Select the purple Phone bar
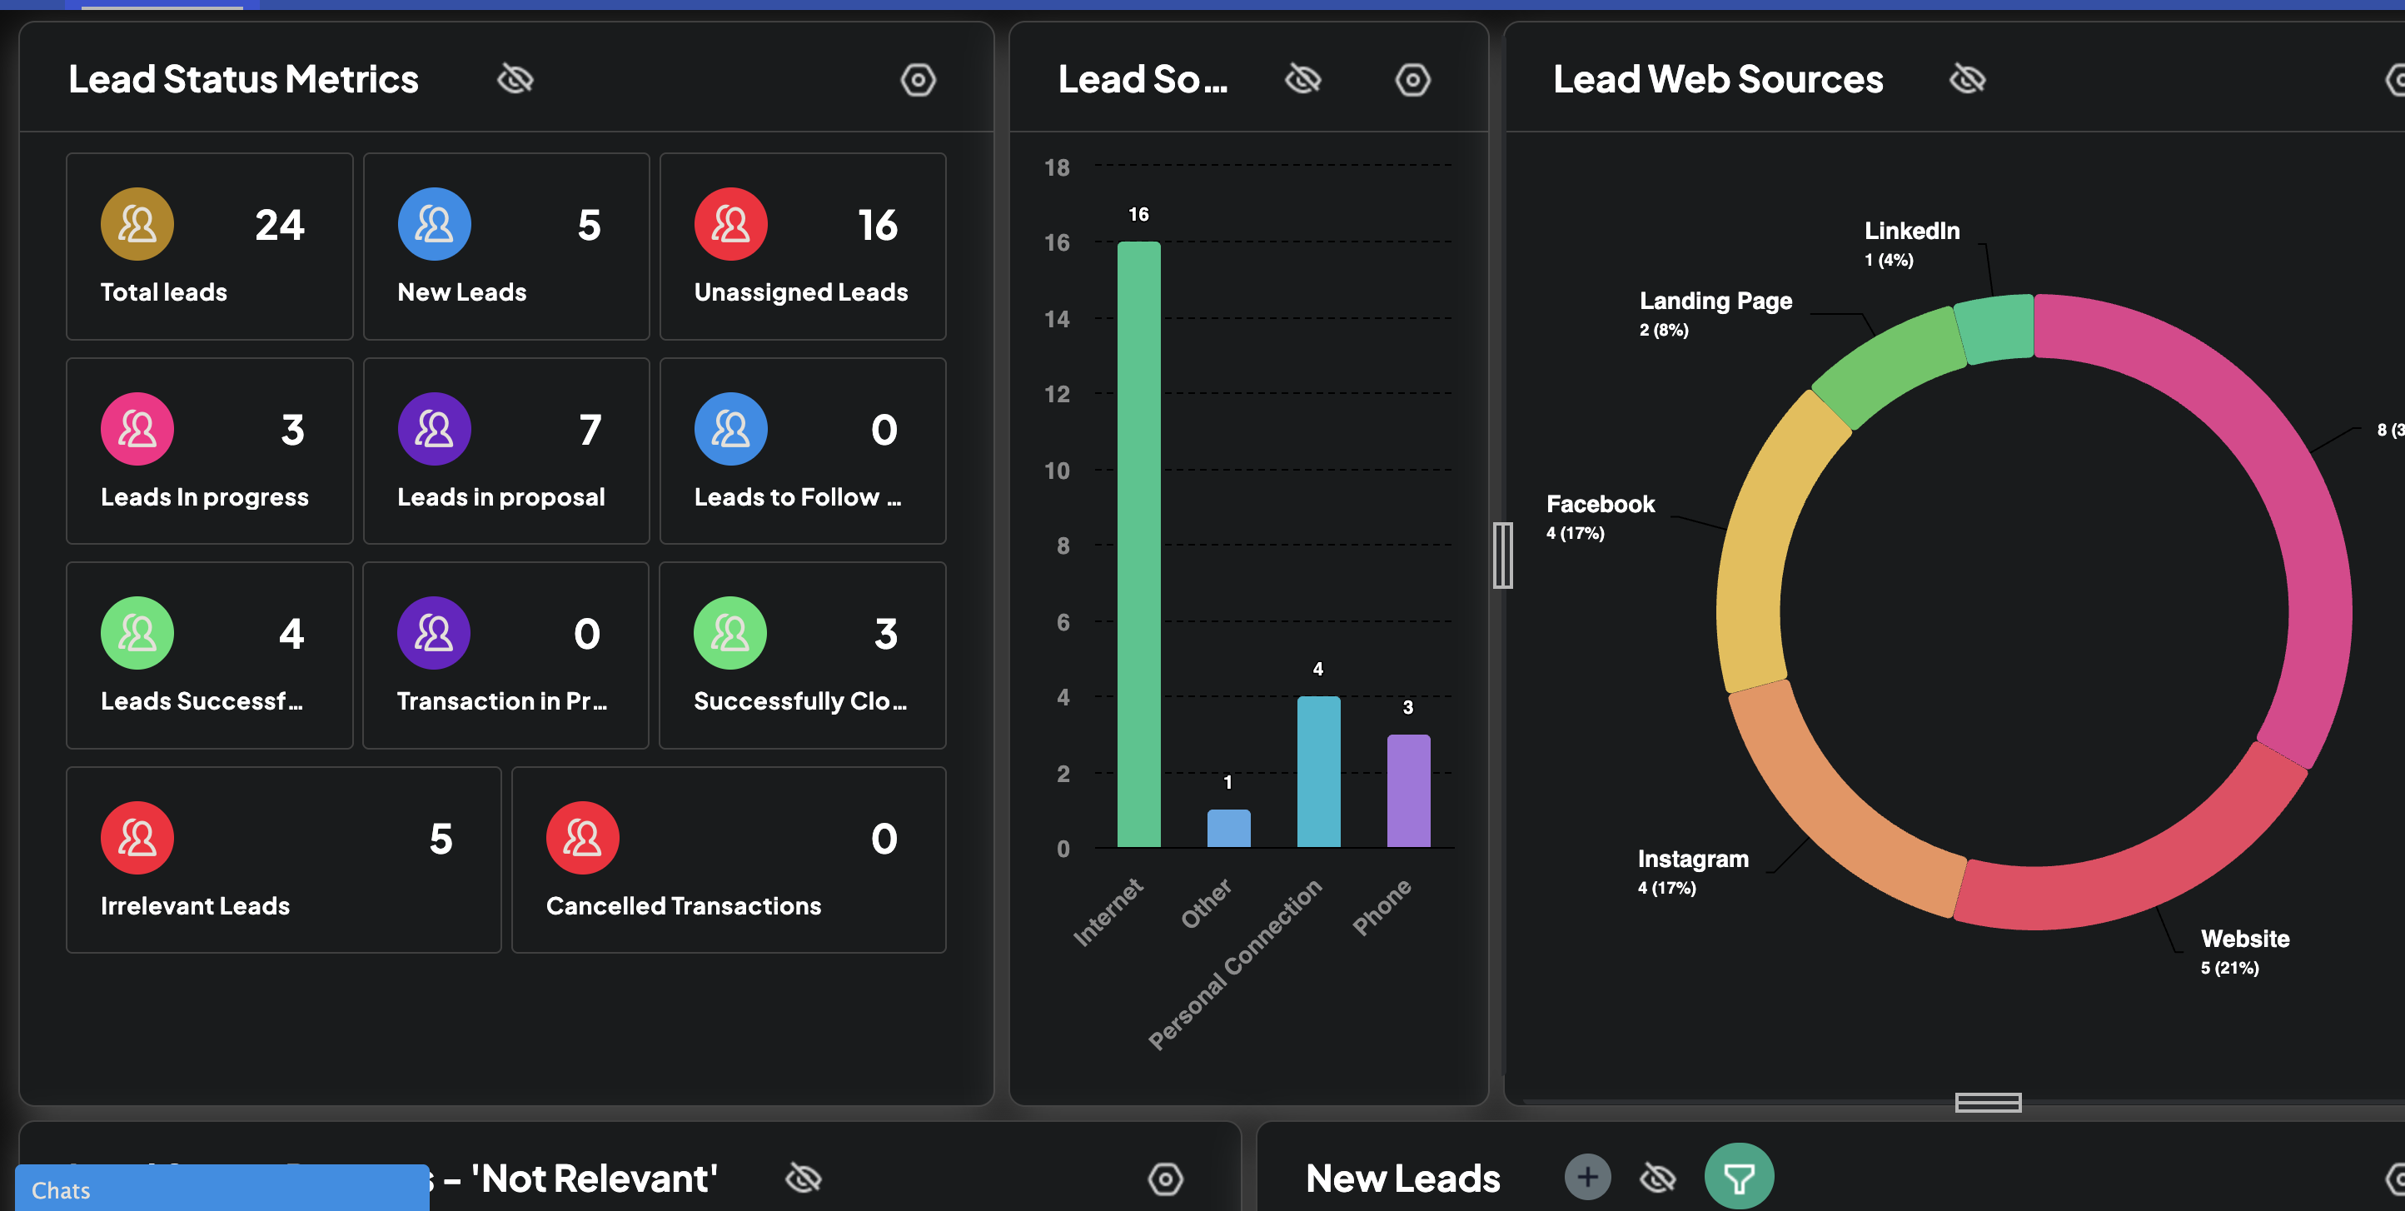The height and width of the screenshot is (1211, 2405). pyautogui.click(x=1408, y=791)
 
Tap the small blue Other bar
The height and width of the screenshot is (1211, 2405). pyautogui.click(x=1227, y=828)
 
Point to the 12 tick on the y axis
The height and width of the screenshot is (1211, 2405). pyautogui.click(x=1057, y=394)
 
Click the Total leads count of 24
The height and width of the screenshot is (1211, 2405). pyautogui.click(x=279, y=225)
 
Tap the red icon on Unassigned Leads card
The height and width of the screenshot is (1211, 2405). pyautogui.click(x=730, y=224)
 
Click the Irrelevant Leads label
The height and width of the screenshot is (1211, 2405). pyautogui.click(x=195, y=905)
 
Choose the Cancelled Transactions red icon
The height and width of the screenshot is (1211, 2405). pyautogui.click(x=583, y=838)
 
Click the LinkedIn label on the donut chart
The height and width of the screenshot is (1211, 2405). pyautogui.click(x=1911, y=231)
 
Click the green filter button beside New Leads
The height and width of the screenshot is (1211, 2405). pyautogui.click(x=1739, y=1178)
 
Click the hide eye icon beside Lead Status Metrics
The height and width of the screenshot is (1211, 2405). pyautogui.click(x=515, y=79)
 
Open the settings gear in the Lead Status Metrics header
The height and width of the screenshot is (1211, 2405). pyautogui.click(x=918, y=79)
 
